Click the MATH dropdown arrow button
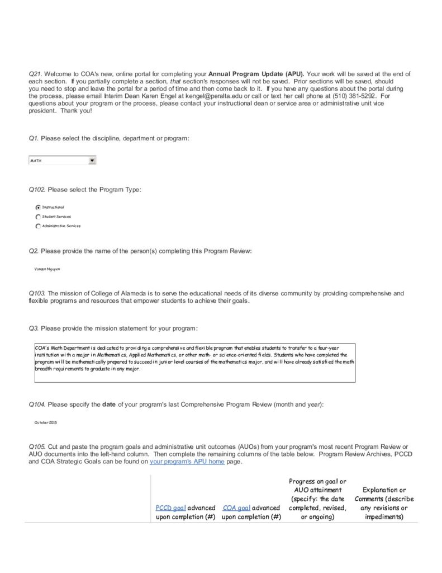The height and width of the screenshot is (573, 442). coord(92,161)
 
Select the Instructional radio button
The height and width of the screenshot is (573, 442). coord(37,206)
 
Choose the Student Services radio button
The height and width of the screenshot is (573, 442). coord(37,217)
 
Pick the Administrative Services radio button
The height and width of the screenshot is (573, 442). coord(37,226)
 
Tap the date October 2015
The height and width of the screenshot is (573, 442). coord(46,422)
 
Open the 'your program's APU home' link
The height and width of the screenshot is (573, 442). coord(187,462)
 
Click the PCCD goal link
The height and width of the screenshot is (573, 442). coord(170,508)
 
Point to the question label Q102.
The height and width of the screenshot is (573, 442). coord(37,190)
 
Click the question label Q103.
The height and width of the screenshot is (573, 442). coord(37,293)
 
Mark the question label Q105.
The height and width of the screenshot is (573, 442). coord(37,447)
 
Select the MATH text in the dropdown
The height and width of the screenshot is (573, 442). coord(36,161)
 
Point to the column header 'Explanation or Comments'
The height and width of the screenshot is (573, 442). coord(384,503)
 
